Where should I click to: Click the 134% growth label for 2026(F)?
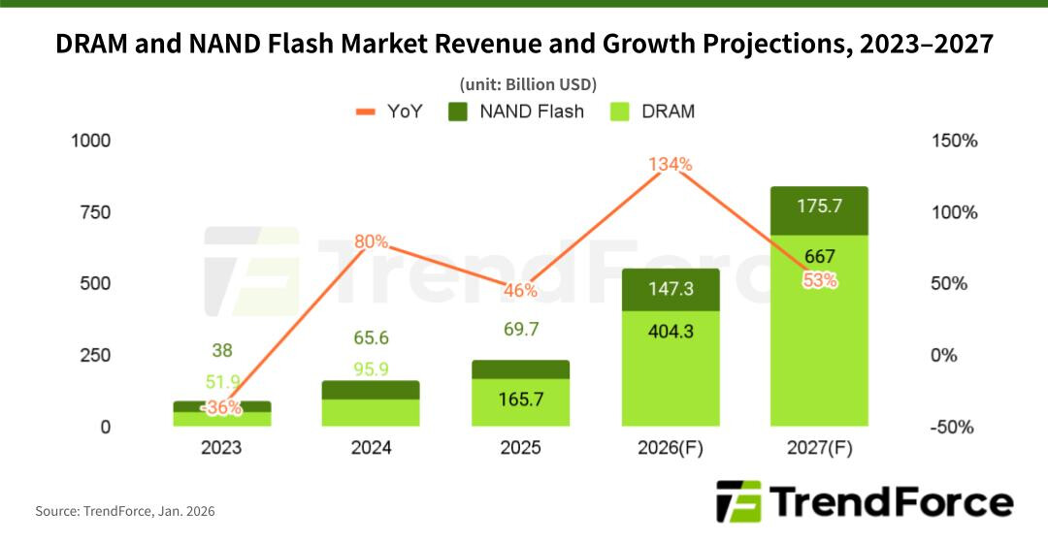tap(671, 165)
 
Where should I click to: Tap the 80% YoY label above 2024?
tap(371, 241)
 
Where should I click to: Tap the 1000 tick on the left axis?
tap(91, 142)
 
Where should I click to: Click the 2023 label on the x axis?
tap(223, 448)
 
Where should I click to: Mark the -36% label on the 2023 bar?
tap(222, 408)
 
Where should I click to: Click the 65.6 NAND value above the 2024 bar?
tap(372, 338)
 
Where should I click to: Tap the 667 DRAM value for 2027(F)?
tap(819, 257)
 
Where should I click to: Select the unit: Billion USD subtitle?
tap(525, 83)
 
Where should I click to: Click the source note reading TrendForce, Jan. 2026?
tap(125, 511)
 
